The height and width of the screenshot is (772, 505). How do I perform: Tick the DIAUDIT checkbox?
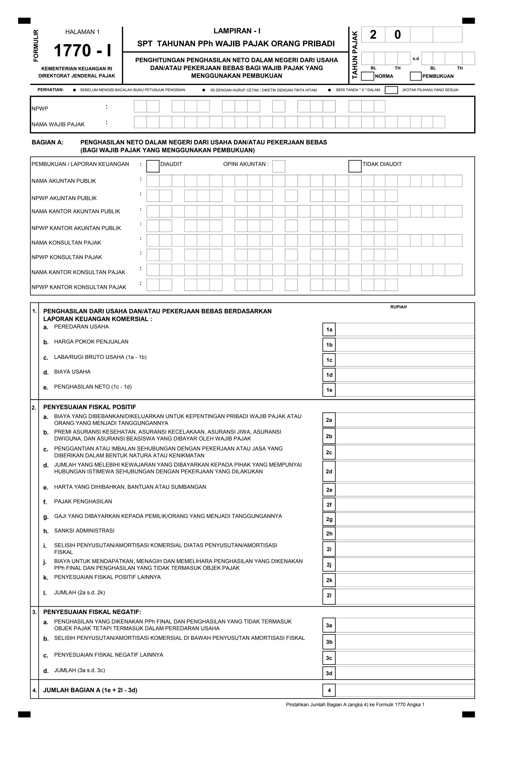click(153, 166)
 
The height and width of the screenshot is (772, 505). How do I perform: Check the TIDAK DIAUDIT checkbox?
click(355, 166)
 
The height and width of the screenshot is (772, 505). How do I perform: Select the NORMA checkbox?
click(367, 76)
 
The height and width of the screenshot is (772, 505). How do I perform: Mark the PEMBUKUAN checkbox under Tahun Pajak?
click(415, 76)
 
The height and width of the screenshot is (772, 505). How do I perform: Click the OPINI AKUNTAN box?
click(278, 166)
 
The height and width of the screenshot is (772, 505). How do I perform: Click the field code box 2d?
click(329, 471)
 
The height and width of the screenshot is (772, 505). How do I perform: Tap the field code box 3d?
click(329, 673)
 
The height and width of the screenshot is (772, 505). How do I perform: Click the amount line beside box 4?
click(404, 690)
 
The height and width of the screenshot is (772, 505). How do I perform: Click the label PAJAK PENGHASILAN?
click(83, 501)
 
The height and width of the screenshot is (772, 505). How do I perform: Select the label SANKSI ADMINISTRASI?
click(84, 531)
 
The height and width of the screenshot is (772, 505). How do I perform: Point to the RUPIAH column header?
click(398, 307)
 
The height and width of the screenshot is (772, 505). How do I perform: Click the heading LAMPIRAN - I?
click(237, 31)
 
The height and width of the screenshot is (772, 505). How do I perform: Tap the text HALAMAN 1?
click(82, 32)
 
